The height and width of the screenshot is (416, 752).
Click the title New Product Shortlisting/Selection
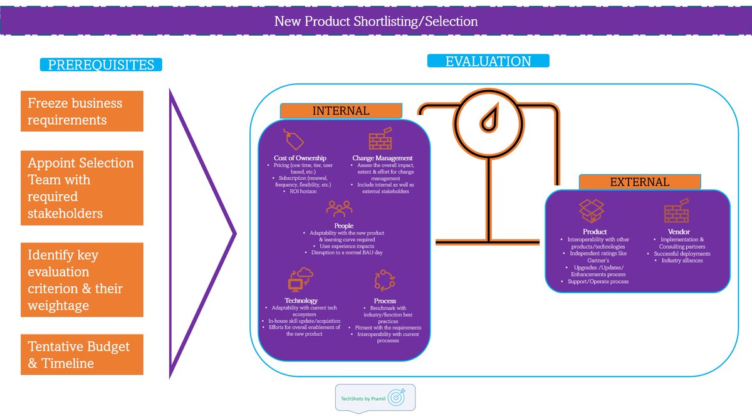[x=376, y=21]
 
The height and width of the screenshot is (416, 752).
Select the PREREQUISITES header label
[x=101, y=65]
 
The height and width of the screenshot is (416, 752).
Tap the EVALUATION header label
[x=488, y=61]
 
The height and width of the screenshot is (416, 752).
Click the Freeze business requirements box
[x=81, y=111]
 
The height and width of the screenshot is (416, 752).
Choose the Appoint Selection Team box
[x=81, y=188]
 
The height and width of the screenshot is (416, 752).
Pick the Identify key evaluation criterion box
[x=81, y=280]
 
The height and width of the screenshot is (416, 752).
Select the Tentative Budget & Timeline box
[x=81, y=355]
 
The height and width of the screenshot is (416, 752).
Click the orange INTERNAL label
[x=341, y=111]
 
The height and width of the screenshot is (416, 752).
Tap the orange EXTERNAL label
[x=639, y=182]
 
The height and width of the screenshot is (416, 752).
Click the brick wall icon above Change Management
[x=380, y=139]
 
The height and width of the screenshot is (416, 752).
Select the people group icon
[x=339, y=208]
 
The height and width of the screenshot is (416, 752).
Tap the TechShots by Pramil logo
[x=375, y=397]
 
